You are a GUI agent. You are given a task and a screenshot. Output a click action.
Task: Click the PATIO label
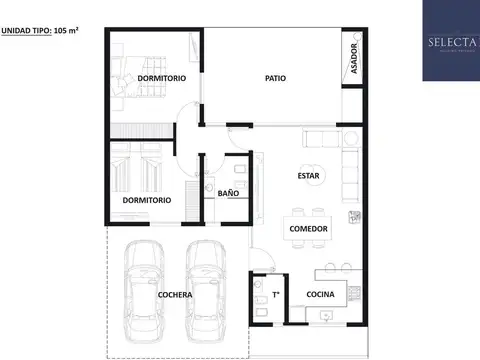point(276,78)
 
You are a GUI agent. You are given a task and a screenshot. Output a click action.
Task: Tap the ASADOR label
point(353,59)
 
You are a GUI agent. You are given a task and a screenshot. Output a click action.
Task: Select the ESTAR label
point(309,177)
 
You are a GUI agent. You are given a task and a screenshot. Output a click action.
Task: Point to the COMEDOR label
point(309,229)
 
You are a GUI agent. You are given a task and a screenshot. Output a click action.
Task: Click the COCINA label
point(320,294)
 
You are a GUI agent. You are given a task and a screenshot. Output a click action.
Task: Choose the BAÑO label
point(228,192)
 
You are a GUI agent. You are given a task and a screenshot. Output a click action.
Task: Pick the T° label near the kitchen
point(276,294)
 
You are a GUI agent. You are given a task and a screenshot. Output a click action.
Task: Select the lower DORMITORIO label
point(146,200)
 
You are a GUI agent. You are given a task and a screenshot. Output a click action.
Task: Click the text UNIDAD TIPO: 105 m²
point(40,32)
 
